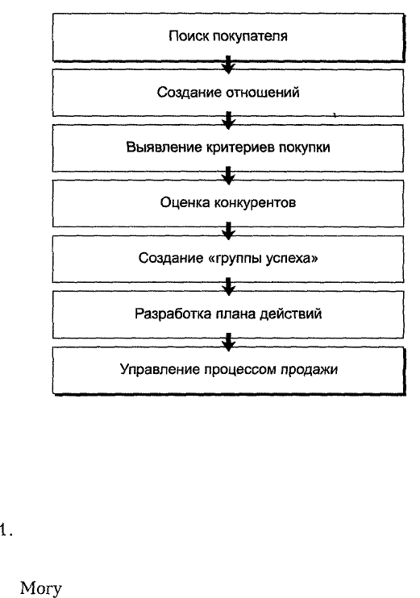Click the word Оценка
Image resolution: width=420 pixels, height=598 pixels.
pyautogui.click(x=185, y=202)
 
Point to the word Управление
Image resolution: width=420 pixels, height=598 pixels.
pyautogui.click(x=160, y=370)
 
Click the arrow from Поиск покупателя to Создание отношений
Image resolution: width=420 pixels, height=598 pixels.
pyautogui.click(x=228, y=64)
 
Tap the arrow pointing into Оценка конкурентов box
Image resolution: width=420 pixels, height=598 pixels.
pyautogui.click(x=228, y=176)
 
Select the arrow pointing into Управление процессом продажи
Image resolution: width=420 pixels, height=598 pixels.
pyautogui.click(x=228, y=342)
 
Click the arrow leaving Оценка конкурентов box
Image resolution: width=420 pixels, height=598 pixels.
pyautogui.click(x=228, y=231)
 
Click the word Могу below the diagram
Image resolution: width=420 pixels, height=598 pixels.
pyautogui.click(x=40, y=588)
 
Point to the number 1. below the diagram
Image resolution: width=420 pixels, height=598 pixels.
pyautogui.click(x=6, y=529)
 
